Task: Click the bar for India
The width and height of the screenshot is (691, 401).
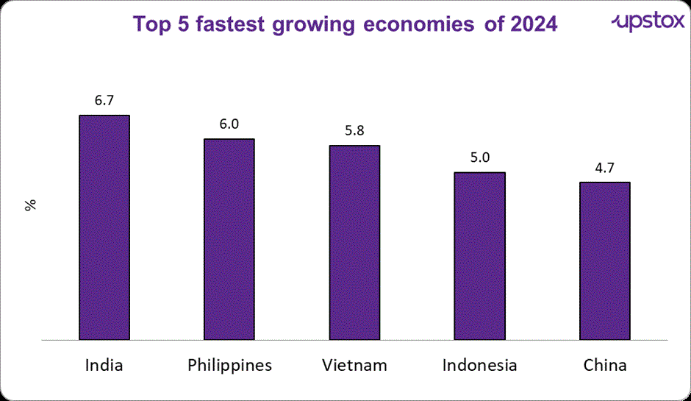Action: (x=104, y=228)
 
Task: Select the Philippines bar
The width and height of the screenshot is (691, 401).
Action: (x=229, y=240)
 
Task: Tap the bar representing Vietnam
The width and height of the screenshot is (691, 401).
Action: (x=354, y=243)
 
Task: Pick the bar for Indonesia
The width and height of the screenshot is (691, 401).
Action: (x=479, y=256)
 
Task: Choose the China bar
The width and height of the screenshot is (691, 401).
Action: (x=604, y=261)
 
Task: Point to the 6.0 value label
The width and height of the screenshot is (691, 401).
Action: (x=229, y=124)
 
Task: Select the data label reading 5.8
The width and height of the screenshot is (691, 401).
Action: (x=354, y=130)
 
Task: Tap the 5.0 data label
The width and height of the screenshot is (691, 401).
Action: (x=479, y=157)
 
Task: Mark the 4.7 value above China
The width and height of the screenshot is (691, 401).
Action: (x=604, y=167)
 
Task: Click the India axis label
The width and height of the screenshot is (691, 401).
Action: (x=104, y=365)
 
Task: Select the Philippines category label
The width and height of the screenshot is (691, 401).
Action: (x=229, y=365)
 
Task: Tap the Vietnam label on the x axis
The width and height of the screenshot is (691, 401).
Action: (x=354, y=365)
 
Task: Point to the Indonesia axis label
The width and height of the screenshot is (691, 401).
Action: (x=479, y=365)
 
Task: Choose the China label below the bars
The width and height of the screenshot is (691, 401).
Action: (x=604, y=365)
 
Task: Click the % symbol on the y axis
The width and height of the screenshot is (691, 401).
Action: (x=30, y=205)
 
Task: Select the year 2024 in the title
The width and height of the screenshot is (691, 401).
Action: (x=531, y=24)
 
